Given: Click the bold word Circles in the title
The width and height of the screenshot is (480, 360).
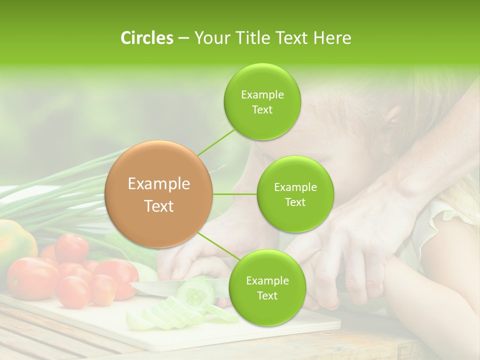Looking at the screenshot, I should tap(146, 38).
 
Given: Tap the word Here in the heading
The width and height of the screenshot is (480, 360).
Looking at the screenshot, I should tap(332, 38).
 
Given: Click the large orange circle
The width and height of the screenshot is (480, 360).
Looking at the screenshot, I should tap(159, 194).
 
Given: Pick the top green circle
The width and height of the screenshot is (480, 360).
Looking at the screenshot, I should tap(262, 102).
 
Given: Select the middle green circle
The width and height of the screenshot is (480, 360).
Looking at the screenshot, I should tap(295, 194).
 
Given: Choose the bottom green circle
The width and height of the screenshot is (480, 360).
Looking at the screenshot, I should tap(267, 287).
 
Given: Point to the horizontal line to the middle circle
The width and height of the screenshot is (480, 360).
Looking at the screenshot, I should tap(235, 194).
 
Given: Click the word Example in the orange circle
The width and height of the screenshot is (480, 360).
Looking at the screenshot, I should tap(159, 184).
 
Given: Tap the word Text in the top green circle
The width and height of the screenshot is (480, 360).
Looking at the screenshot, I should tap(262, 110).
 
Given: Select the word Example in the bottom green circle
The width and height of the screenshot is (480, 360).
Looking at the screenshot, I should tap(267, 280).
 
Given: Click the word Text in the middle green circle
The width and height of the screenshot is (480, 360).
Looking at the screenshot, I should tap(295, 202).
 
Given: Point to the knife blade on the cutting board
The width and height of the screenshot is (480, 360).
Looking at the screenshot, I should tap(155, 287).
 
